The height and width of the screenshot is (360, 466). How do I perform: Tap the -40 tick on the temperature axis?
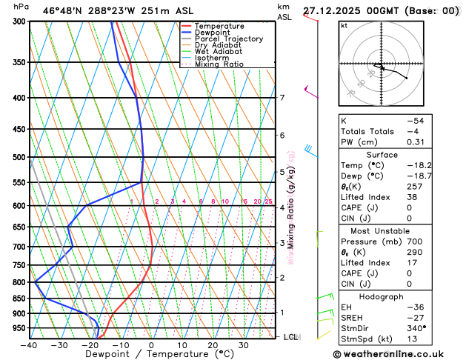pyautogui.click(x=29, y=345)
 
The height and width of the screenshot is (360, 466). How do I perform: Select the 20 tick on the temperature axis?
pyautogui.click(x=213, y=345)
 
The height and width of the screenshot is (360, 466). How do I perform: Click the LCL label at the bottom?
pyautogui.click(x=291, y=337)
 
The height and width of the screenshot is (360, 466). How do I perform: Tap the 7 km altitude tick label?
pyautogui.click(x=282, y=98)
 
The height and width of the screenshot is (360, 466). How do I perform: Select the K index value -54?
pyautogui.click(x=415, y=120)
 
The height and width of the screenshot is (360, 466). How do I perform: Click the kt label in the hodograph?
pyautogui.click(x=344, y=25)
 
